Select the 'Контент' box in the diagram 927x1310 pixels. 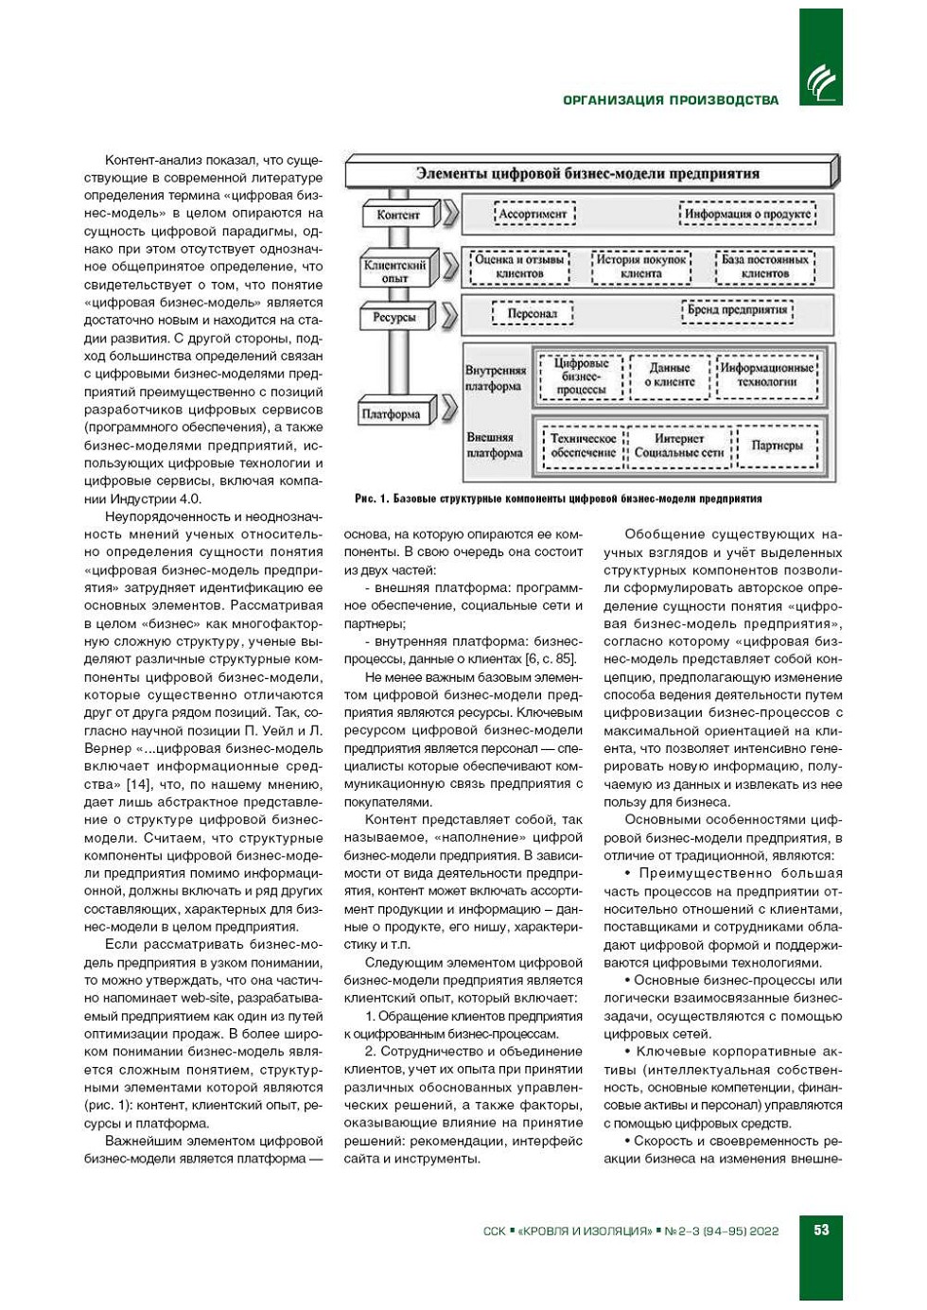[397, 215]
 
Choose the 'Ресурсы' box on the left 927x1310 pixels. [394, 318]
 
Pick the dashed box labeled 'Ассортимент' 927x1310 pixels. [533, 214]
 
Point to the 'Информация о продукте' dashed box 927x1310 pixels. [747, 214]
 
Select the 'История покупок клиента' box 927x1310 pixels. [640, 267]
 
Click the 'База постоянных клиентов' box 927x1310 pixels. [764, 267]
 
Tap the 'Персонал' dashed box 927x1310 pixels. [532, 313]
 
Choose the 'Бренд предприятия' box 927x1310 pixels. [737, 310]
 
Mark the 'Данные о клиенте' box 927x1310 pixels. [670, 375]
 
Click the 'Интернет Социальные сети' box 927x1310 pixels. [679, 445]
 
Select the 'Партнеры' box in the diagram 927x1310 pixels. [777, 445]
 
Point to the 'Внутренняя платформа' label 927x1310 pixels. [495, 377]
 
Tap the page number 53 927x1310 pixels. [820, 1230]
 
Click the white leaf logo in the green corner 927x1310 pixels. [820, 83]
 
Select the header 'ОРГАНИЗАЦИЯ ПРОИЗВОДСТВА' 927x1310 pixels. [671, 100]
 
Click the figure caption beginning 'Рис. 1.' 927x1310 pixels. [558, 498]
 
